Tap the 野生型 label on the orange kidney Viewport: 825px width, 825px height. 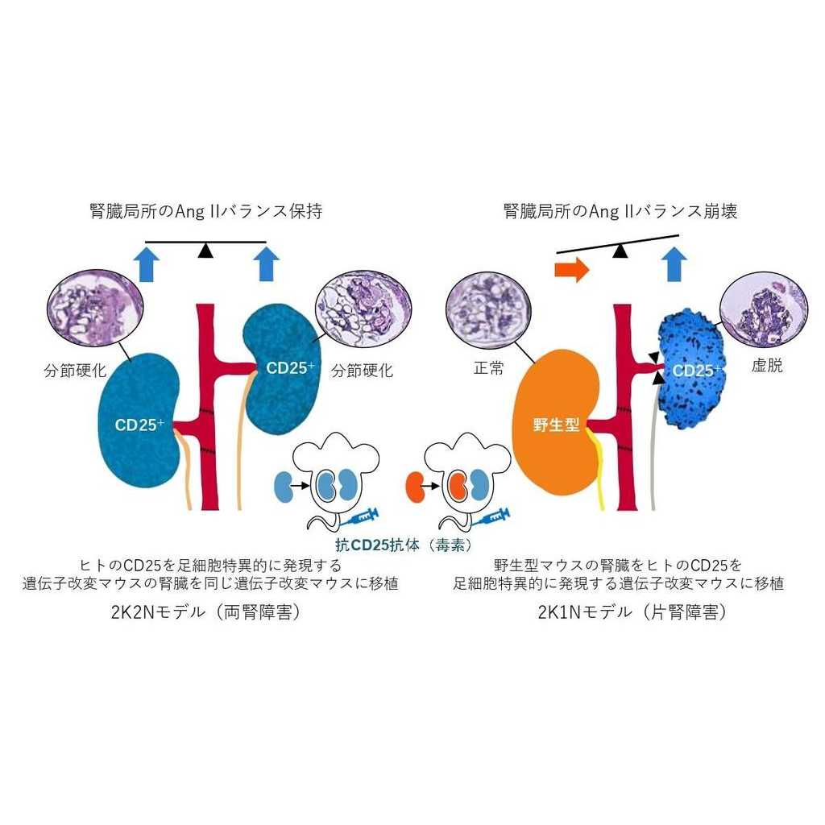pyautogui.click(x=555, y=424)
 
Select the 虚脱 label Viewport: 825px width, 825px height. pyautogui.click(x=766, y=366)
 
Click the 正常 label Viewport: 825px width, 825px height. pyautogui.click(x=488, y=369)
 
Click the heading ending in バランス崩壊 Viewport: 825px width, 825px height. pyautogui.click(x=620, y=212)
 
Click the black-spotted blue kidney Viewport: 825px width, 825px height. pyautogui.click(x=690, y=371)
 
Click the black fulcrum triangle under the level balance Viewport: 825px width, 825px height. pyautogui.click(x=206, y=251)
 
